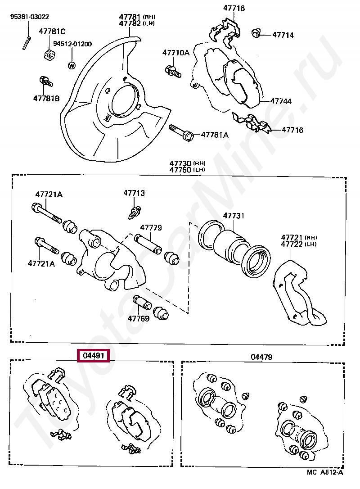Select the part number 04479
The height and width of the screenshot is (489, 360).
pyautogui.click(x=262, y=357)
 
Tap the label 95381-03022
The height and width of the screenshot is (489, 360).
pyautogui.click(x=30, y=17)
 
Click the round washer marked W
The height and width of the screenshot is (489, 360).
pyautogui.click(x=71, y=65)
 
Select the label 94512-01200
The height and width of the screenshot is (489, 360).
pyautogui.click(x=72, y=44)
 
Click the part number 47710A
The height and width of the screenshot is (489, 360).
pyautogui.click(x=176, y=53)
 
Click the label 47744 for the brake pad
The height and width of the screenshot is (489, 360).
pyautogui.click(x=281, y=101)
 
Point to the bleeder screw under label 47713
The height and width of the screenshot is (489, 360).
pyautogui.click(x=134, y=211)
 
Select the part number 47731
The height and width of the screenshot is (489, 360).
pyautogui.click(x=234, y=216)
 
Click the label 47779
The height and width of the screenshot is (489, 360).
pyautogui.click(x=151, y=228)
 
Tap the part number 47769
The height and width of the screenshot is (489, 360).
pyautogui.click(x=138, y=318)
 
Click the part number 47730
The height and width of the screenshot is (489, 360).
pyautogui.click(x=180, y=163)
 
